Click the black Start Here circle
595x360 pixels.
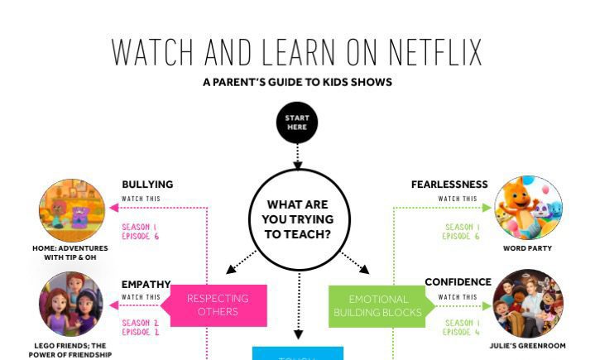point(297,123)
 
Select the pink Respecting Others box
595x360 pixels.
point(218,305)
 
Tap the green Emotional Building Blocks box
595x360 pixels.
point(377,305)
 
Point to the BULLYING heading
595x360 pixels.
point(147,185)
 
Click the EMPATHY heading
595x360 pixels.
point(146,285)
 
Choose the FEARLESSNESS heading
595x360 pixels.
point(449,185)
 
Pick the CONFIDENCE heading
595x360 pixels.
point(458,282)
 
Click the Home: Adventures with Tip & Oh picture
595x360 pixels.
point(72,211)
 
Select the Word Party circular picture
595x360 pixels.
point(528,209)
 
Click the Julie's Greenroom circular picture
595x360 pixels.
point(528,303)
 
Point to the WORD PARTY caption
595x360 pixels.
point(528,248)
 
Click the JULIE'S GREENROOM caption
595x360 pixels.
point(528,345)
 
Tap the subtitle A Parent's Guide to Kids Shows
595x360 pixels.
point(297,83)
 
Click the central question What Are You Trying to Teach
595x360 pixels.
point(298,219)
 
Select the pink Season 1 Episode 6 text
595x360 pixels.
point(140,232)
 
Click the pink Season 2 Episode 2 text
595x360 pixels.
point(140,328)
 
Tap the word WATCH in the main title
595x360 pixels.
point(153,52)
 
